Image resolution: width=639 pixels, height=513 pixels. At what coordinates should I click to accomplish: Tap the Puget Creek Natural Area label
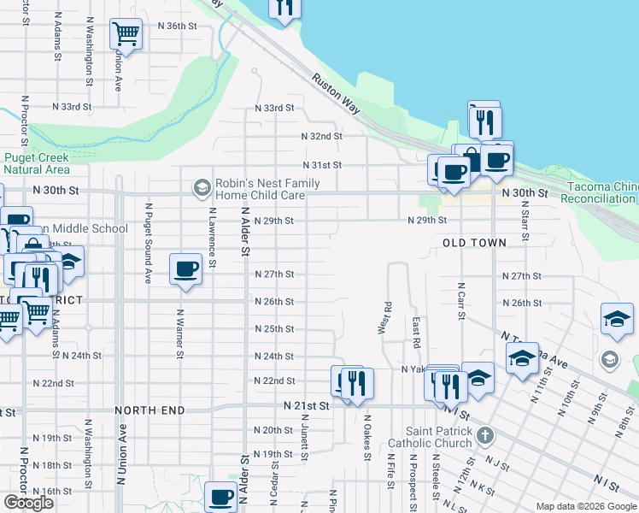tap(36, 163)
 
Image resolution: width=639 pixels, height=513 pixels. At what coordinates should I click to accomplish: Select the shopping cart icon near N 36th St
tap(126, 35)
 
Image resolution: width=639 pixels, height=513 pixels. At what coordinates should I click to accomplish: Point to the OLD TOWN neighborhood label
tap(474, 243)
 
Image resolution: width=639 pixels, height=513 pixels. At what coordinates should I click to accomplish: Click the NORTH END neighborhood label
tap(150, 410)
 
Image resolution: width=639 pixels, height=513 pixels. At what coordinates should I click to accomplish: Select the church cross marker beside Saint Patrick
tap(484, 436)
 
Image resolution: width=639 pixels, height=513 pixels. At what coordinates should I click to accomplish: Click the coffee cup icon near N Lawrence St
tap(185, 269)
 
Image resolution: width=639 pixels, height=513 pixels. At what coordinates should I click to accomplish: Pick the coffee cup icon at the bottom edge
tap(220, 496)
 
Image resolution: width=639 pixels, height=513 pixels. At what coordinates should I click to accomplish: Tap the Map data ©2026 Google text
tap(585, 506)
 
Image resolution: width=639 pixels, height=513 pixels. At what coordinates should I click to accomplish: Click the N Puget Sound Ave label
tap(148, 243)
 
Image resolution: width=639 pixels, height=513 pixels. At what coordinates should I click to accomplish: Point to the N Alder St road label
tap(244, 232)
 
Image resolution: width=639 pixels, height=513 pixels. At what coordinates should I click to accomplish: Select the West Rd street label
tap(387, 318)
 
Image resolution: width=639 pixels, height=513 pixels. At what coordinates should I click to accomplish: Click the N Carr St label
tap(460, 301)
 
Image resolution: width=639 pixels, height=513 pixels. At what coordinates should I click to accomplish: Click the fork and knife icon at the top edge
tap(284, 8)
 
